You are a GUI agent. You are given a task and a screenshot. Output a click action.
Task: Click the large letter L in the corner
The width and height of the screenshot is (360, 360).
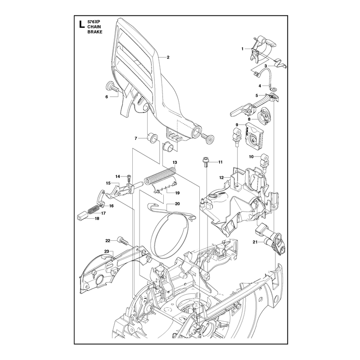[81, 24]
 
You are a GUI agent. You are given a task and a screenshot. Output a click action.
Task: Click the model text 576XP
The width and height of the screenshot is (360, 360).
[94, 22]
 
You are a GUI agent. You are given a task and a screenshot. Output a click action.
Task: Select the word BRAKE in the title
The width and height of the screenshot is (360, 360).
[94, 32]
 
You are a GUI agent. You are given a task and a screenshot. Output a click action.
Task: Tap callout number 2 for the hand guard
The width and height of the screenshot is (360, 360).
[168, 58]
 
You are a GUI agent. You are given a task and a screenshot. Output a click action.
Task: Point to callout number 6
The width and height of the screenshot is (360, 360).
[107, 97]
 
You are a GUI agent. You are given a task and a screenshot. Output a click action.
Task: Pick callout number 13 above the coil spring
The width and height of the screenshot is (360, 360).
[175, 162]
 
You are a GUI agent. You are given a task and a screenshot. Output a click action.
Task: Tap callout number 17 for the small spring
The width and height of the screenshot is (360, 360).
[103, 213]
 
